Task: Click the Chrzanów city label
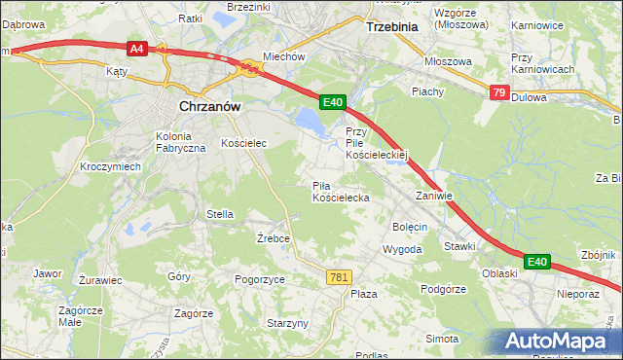pos(208,108)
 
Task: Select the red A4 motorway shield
pos(136,47)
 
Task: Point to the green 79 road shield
pos(498,92)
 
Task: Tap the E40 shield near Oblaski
pos(537,262)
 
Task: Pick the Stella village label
pos(219,214)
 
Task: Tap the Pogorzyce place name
pos(260,279)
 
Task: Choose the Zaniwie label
pos(434,196)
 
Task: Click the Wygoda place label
pos(402,249)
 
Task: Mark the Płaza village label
pos(363,294)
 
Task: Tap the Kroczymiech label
pos(111,166)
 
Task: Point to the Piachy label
pos(427,91)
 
